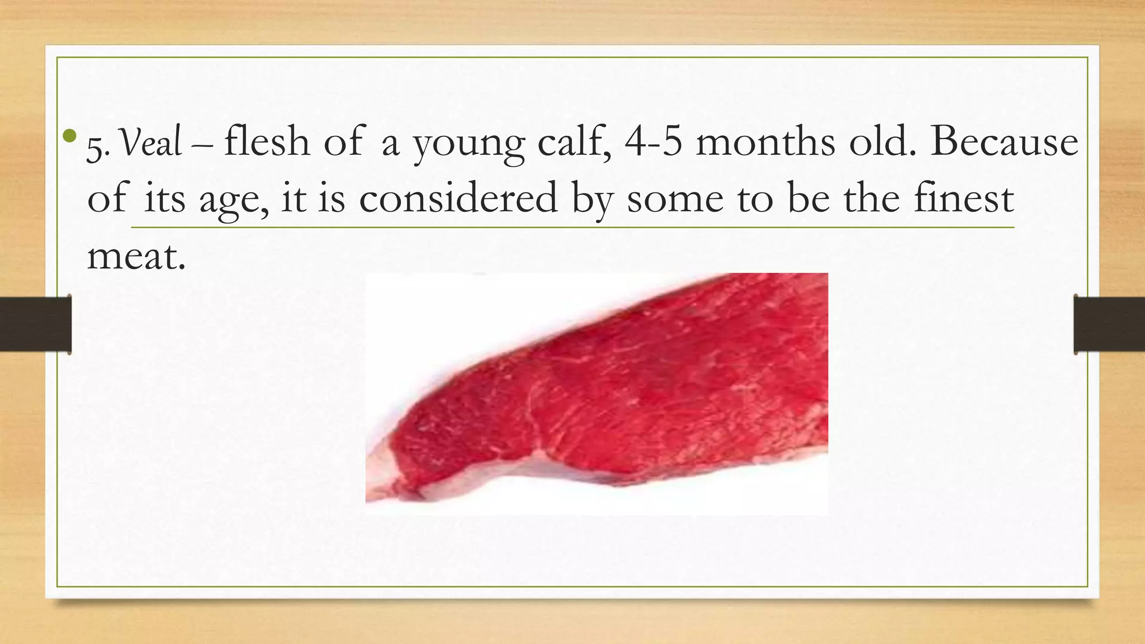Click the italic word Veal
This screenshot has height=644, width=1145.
[x=152, y=143]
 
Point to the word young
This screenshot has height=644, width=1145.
[x=469, y=144]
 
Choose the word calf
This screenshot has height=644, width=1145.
[x=574, y=142]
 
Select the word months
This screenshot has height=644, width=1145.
[x=765, y=142]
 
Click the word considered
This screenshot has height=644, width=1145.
[x=458, y=198]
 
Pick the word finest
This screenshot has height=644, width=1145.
[x=963, y=198]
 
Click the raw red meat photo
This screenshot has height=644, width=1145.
[x=643, y=391]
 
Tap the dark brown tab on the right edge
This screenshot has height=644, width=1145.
[x=1109, y=324]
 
